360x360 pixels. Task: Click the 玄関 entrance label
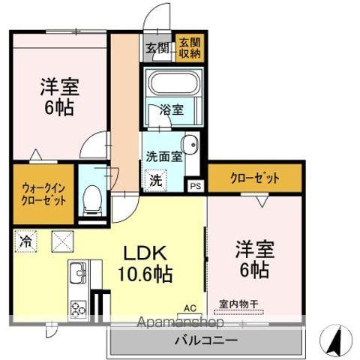[157, 49]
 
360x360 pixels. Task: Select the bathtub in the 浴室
[173, 83]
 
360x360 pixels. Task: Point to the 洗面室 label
[163, 157]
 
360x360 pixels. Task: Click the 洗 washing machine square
[154, 180]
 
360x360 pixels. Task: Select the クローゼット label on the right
[255, 178]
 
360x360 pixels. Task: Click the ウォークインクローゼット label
[43, 194]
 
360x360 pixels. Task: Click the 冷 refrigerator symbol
[25, 241]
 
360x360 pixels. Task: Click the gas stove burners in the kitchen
[79, 307]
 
